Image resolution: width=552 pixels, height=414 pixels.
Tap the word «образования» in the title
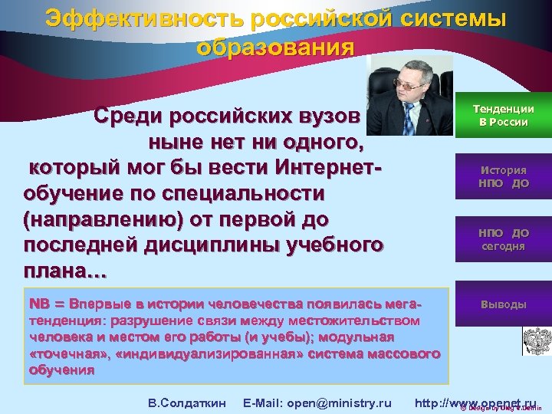click(x=275, y=48)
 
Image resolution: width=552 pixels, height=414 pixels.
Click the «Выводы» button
click(x=503, y=304)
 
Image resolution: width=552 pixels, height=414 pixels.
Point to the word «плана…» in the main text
click(x=66, y=271)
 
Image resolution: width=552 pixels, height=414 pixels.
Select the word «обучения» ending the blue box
click(x=62, y=349)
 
